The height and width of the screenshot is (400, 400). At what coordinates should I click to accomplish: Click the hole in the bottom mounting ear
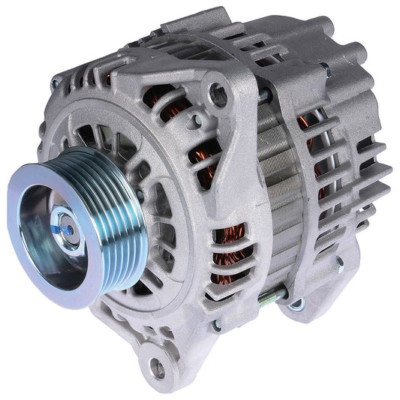coord(158,368)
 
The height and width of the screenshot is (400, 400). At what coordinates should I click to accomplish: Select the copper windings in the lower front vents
coord(229,255)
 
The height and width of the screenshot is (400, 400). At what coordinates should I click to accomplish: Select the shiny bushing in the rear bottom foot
coord(296,305)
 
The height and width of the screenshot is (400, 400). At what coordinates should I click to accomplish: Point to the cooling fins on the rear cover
coord(360,188)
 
